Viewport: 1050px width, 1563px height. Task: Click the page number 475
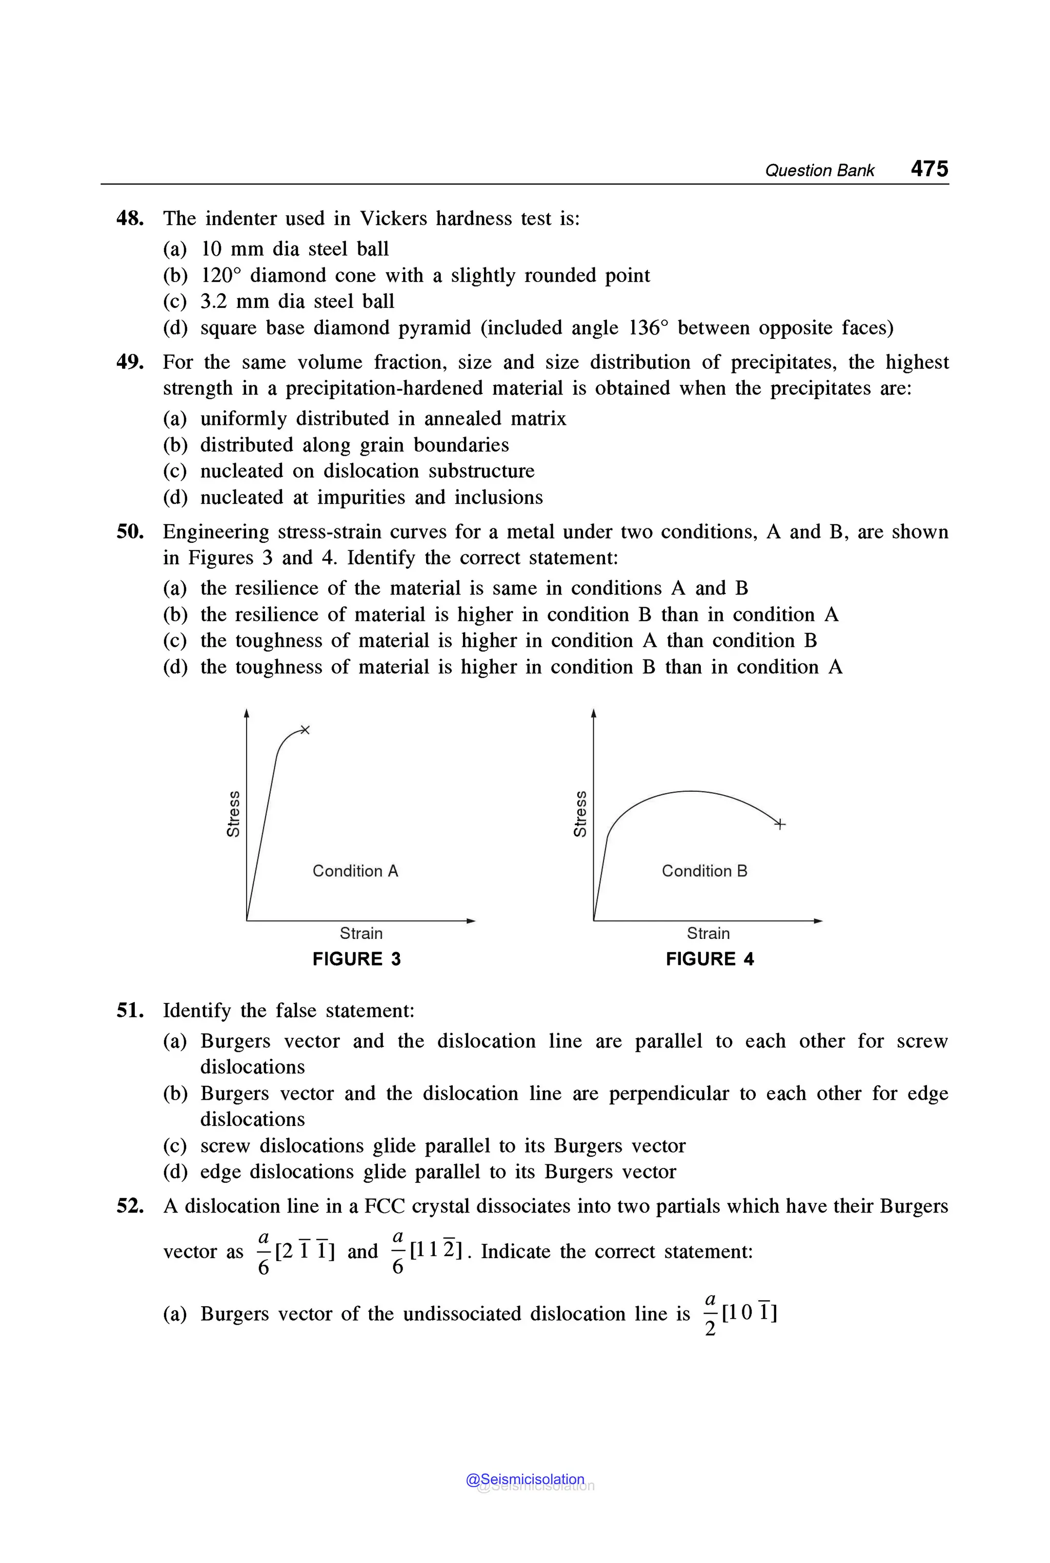click(929, 168)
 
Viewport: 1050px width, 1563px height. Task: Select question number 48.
click(130, 219)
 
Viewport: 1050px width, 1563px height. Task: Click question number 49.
click(130, 363)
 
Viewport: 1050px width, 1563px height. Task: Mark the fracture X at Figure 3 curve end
click(305, 730)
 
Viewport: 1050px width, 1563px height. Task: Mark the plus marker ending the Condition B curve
click(779, 824)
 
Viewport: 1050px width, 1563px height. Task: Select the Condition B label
click(704, 871)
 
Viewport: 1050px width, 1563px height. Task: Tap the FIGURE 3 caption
click(356, 959)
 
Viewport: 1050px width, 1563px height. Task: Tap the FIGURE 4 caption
click(709, 959)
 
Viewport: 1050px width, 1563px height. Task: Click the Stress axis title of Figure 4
click(580, 813)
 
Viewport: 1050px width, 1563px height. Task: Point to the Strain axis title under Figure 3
click(361, 933)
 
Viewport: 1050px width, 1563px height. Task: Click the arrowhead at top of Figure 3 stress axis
click(247, 713)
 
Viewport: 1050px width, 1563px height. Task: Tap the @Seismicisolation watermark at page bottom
click(525, 1479)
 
